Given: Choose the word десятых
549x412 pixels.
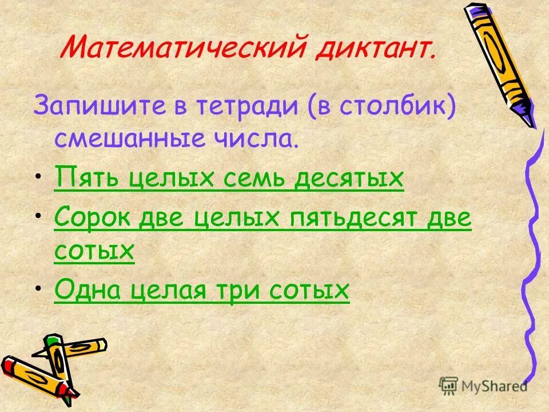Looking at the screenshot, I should coord(350,179).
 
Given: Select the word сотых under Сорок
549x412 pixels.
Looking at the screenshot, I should coord(94,251).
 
